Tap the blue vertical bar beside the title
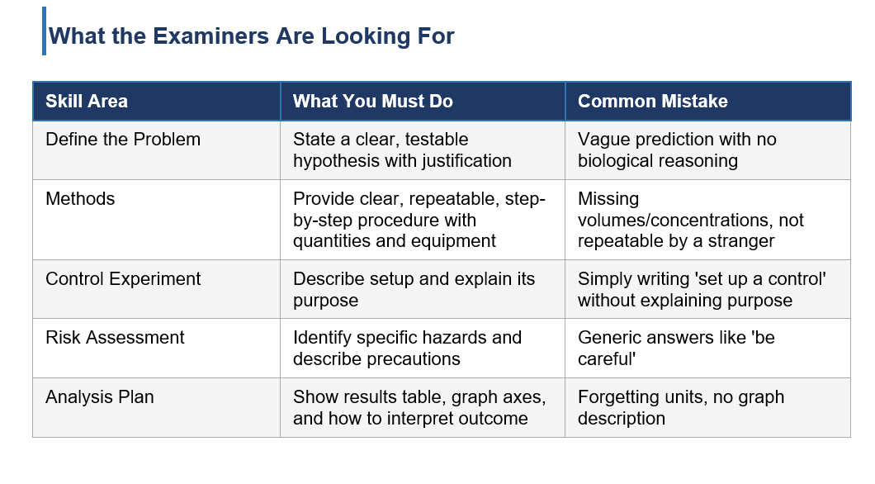point(44,31)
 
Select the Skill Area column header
point(87,101)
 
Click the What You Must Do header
point(373,101)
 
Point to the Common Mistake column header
point(652,101)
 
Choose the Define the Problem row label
point(123,139)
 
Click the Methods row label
point(80,199)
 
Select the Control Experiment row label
point(123,278)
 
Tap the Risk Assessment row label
point(115,337)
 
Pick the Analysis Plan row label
point(100,397)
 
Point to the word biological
point(615,161)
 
